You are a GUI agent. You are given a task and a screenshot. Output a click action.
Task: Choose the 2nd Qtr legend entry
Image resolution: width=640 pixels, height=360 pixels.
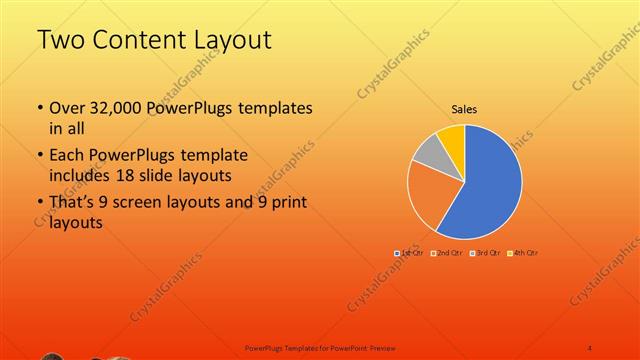(447, 253)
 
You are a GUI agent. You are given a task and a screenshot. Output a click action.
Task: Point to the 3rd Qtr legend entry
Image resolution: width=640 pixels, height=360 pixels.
(485, 253)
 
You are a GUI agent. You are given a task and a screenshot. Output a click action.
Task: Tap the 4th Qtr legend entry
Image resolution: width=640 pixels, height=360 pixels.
(523, 253)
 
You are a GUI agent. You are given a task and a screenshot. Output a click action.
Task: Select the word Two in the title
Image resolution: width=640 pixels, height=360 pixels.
(59, 41)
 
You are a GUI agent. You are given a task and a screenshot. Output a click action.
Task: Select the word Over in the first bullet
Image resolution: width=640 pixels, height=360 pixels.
(67, 107)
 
